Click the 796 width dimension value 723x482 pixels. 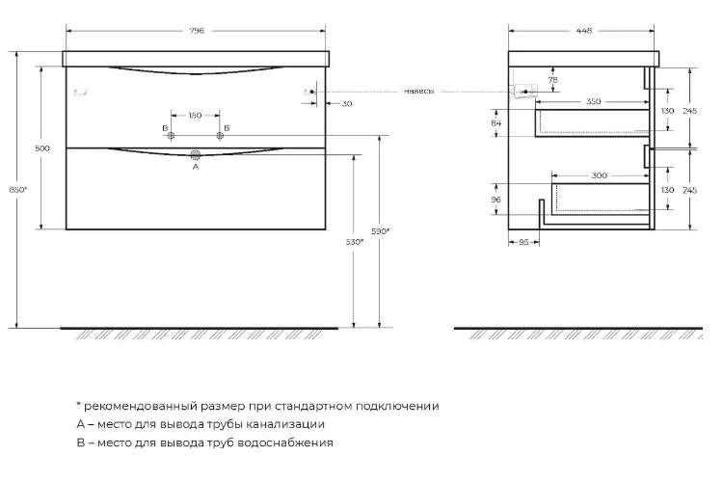point(197,31)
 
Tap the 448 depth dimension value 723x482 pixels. point(584,31)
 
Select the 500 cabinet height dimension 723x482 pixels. point(42,148)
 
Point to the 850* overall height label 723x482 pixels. point(18,190)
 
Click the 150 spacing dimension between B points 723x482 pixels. point(195,116)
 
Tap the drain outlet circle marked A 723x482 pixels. point(196,155)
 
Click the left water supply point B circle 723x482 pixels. point(171,136)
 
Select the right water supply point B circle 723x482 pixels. point(220,136)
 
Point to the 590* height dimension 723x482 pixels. point(381,231)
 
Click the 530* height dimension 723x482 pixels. point(355,242)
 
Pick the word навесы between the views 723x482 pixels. point(418,92)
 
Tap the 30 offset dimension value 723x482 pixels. point(347,104)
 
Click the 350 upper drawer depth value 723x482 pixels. point(594,101)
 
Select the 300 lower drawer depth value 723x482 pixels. point(599,175)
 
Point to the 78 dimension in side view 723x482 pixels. point(553,80)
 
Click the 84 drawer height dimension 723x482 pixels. point(496,123)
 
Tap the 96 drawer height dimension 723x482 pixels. point(496,200)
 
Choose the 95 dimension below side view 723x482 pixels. point(523,242)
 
